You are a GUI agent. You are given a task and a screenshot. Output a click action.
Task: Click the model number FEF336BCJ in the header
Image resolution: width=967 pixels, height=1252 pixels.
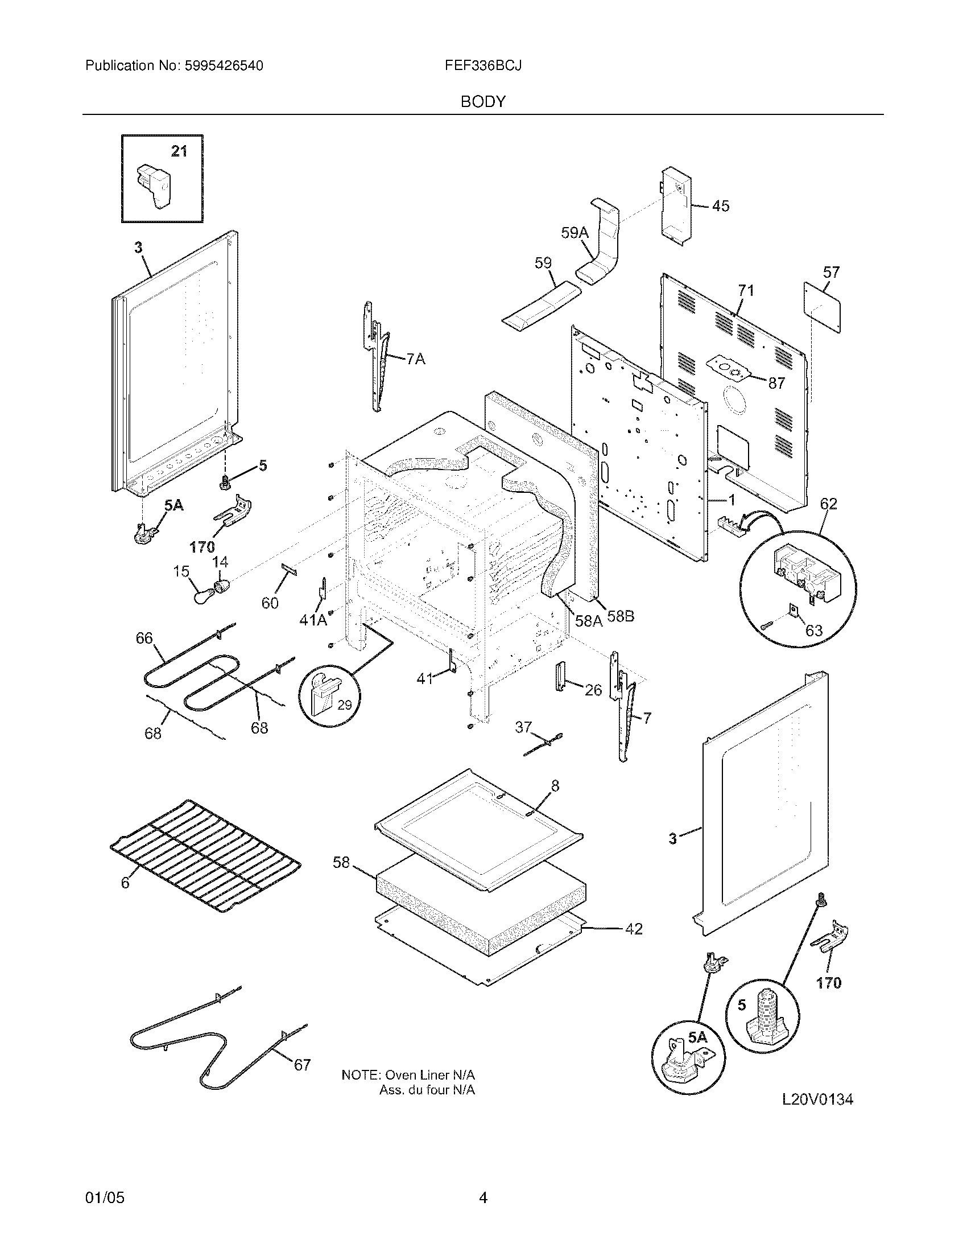[x=483, y=66]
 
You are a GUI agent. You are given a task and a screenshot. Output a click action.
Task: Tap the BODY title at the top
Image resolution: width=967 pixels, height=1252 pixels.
[x=483, y=102]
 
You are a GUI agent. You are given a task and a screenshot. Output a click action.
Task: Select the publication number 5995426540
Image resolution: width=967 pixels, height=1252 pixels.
[x=224, y=66]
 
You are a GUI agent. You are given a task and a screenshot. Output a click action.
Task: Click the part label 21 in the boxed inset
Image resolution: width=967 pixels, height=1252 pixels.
[x=179, y=151]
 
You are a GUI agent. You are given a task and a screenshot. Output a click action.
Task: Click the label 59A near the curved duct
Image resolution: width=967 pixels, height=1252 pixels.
[x=575, y=233]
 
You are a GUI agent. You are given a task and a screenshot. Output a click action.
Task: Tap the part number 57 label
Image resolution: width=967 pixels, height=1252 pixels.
[x=830, y=272]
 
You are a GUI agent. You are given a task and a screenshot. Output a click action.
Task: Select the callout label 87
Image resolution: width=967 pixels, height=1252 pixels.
[x=776, y=384]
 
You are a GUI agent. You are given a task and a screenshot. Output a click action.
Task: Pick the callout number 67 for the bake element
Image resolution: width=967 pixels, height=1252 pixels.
[x=302, y=1065]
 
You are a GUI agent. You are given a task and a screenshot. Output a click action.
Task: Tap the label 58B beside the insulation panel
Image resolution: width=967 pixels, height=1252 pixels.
[x=621, y=617]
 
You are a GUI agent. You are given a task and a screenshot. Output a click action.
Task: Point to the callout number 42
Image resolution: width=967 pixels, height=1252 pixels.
[x=633, y=929]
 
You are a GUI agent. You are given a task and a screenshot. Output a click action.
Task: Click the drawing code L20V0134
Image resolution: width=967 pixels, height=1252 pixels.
[x=817, y=1099]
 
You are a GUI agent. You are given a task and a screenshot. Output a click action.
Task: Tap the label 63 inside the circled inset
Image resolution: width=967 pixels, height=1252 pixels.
[x=813, y=631]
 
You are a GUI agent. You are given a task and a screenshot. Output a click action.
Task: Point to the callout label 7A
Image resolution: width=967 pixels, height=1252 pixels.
[x=416, y=360]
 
